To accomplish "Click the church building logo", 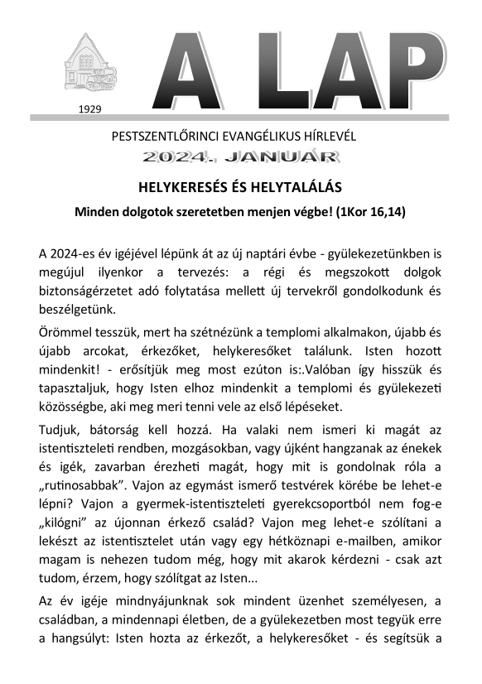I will coord(91,65).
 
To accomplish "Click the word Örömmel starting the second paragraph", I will coord(64,335).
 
